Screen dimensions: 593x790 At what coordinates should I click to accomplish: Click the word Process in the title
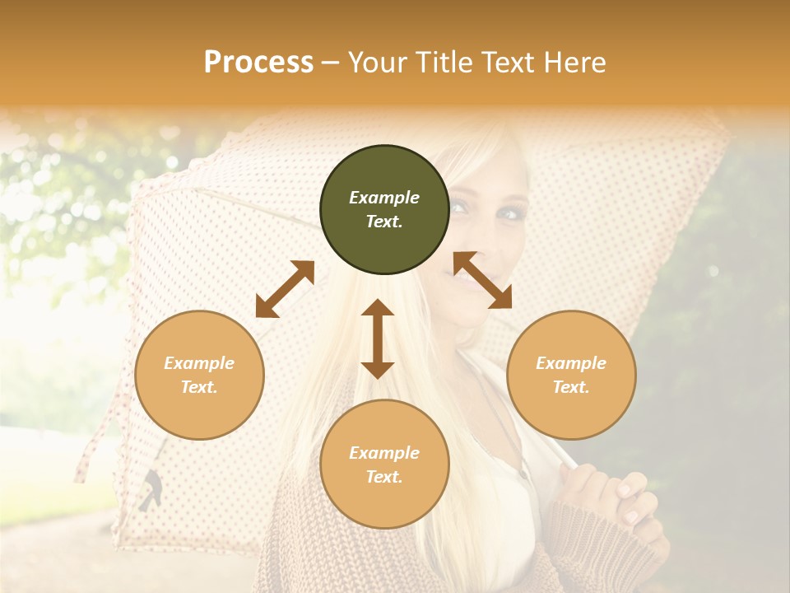click(x=258, y=63)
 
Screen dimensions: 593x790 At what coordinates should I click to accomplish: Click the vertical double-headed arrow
click(x=378, y=339)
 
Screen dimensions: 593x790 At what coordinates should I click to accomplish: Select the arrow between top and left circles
click(x=285, y=289)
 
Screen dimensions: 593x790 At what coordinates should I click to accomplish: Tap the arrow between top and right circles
click(x=482, y=280)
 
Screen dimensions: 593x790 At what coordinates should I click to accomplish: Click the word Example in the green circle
click(x=384, y=198)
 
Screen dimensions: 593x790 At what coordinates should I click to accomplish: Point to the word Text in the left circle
click(x=199, y=387)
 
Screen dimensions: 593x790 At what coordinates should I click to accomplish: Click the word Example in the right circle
click(x=571, y=363)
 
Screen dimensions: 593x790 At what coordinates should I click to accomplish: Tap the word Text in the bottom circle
click(x=384, y=477)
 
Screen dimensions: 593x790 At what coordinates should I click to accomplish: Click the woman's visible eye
click(x=511, y=214)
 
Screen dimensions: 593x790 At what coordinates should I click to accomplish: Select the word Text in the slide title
click(x=504, y=63)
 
